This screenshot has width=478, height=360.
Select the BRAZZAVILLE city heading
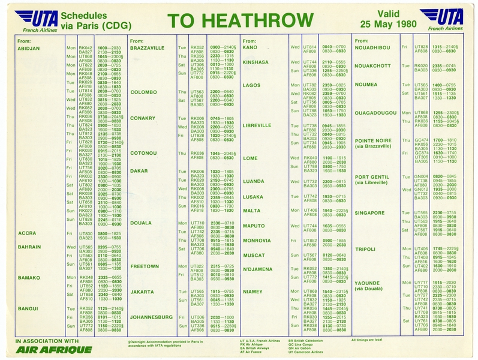tap(147, 47)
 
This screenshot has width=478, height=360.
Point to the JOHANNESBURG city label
tap(151, 316)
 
